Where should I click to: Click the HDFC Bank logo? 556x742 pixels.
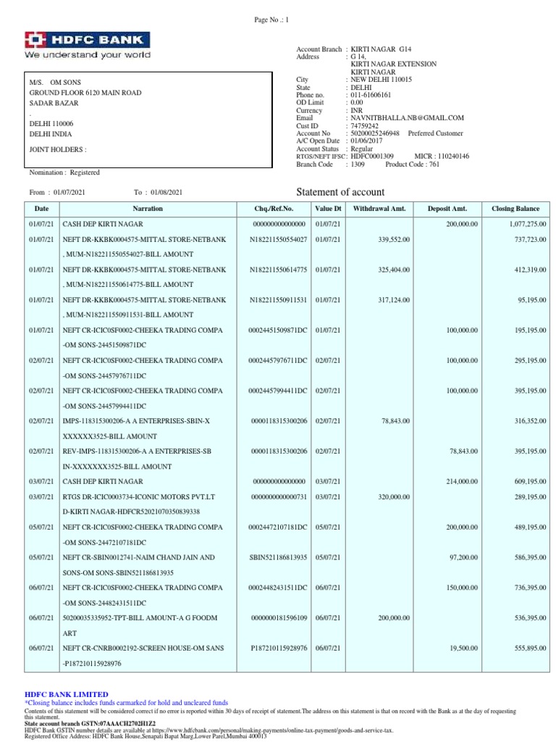[88, 45]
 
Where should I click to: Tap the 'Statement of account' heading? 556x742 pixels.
[341, 192]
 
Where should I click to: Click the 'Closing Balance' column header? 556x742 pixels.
[518, 209]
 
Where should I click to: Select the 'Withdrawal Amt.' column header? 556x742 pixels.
[380, 209]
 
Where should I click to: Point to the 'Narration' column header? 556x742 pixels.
[148, 209]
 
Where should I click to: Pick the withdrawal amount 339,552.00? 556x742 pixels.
[392, 238]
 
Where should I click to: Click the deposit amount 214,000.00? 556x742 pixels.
[459, 481]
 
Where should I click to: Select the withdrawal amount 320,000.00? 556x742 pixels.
[392, 496]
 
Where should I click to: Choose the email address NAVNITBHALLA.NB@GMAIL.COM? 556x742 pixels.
[407, 117]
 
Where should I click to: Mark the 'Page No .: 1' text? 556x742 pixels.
[267, 21]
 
